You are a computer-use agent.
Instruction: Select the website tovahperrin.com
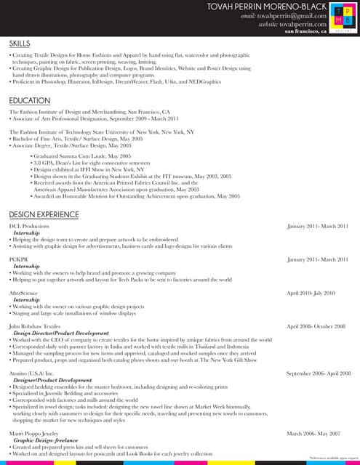(303, 24)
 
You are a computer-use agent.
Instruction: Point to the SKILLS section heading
(20, 44)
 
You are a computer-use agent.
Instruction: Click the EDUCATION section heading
(29, 100)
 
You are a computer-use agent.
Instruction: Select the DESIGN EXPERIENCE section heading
(44, 214)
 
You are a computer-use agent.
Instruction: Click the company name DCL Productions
(29, 226)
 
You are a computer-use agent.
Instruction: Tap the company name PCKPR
(18, 259)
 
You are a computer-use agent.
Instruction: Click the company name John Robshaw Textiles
(35, 327)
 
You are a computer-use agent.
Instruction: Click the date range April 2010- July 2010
(311, 293)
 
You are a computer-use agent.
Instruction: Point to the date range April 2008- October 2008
(316, 327)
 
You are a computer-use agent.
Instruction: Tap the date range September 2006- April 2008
(319, 373)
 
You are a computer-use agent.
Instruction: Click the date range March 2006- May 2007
(313, 434)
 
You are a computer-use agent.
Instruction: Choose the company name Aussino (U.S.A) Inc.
(32, 373)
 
